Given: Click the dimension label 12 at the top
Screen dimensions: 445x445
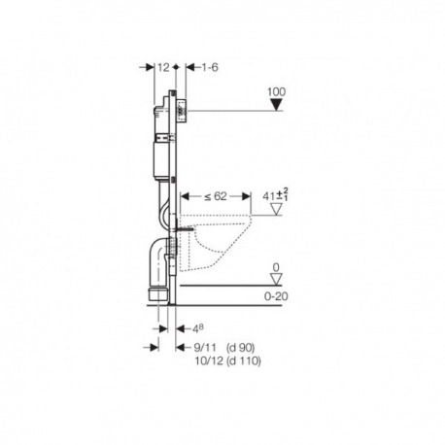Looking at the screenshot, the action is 163,67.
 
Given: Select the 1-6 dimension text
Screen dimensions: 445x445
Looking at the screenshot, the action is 210,67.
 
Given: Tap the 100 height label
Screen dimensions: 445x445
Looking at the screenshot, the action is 276,91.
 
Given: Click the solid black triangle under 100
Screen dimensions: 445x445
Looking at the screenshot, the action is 276,105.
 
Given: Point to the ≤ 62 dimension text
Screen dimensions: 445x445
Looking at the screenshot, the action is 216,196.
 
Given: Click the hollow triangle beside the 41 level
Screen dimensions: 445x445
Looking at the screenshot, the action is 276,209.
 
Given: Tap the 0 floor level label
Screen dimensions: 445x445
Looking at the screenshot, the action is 276,267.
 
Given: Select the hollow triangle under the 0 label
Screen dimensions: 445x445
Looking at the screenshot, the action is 276,279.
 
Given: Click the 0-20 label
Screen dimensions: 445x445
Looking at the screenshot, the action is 276,296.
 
